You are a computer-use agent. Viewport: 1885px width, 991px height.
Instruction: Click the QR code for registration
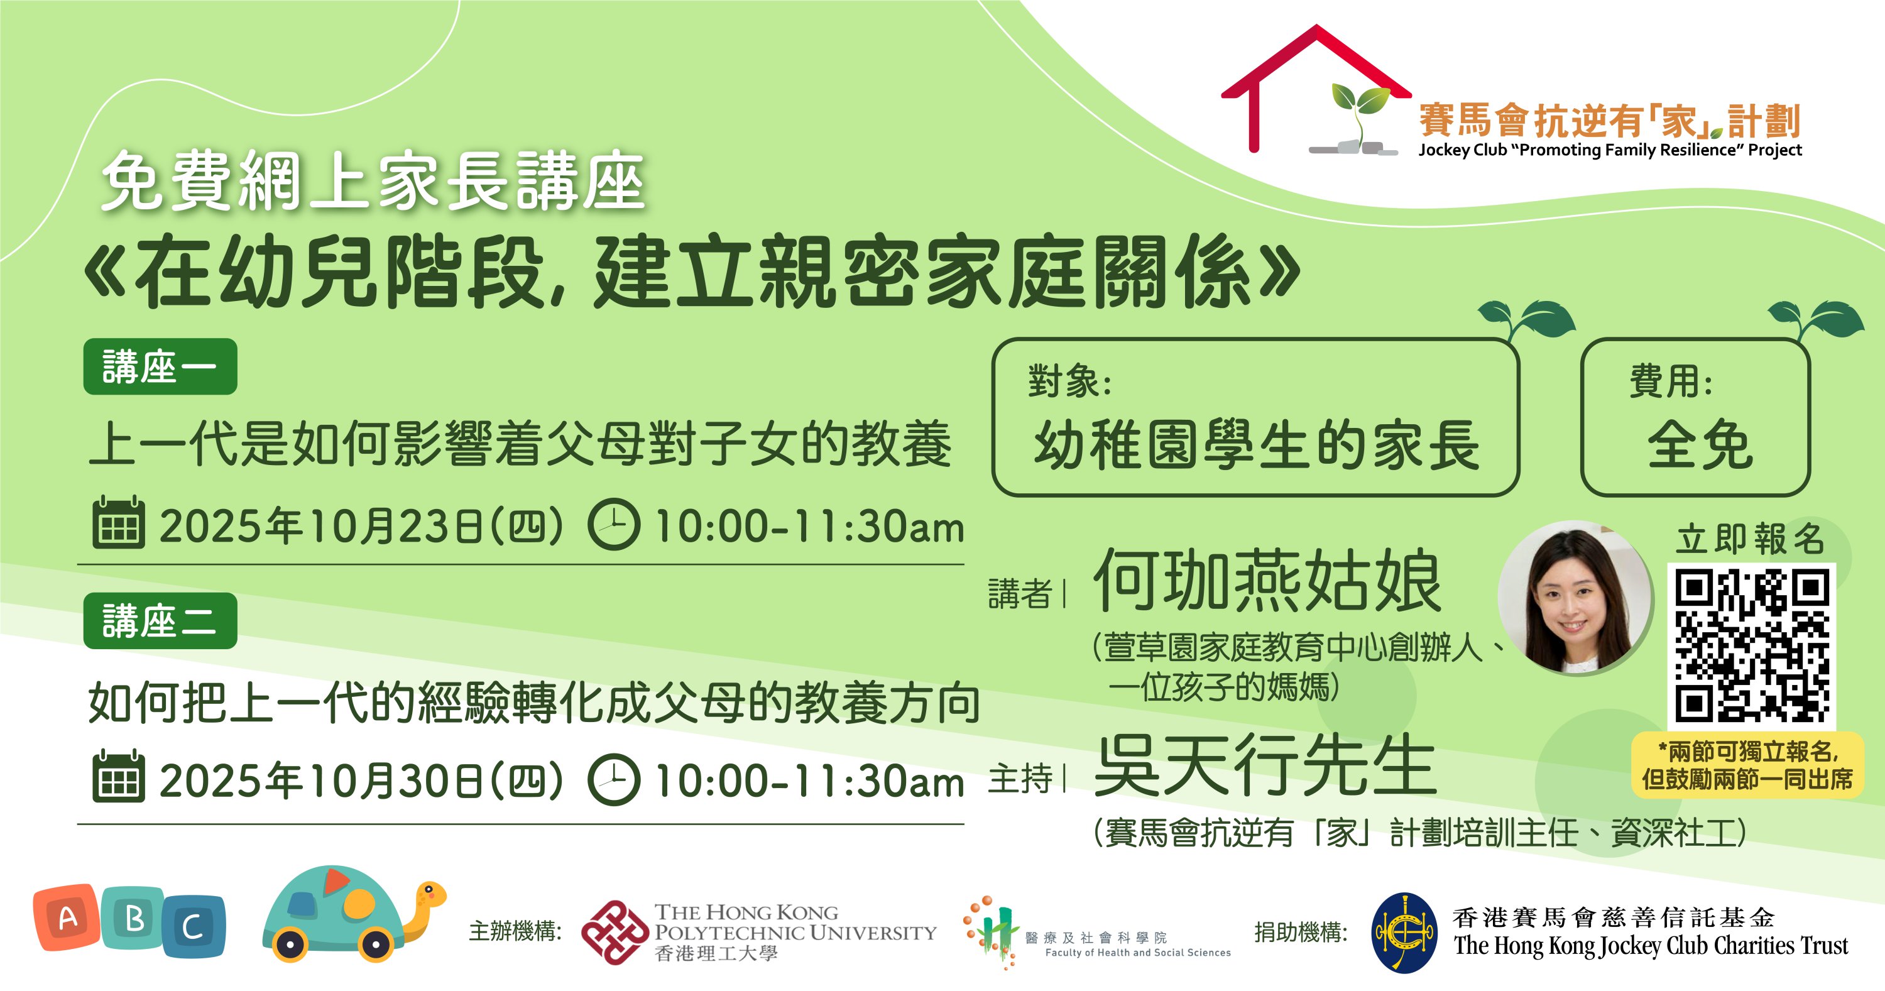(1751, 646)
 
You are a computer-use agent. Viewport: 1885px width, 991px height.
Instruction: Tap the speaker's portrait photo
(1575, 597)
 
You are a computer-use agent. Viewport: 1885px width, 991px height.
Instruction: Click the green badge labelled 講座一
(160, 367)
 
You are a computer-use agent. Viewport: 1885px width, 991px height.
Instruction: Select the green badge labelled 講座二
(160, 621)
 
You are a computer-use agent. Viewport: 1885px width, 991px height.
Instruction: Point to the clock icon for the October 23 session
(614, 524)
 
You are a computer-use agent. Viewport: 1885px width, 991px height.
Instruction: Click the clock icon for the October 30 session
(614, 779)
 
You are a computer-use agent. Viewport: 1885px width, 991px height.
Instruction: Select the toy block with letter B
(133, 918)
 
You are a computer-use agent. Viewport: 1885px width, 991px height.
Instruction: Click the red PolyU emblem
(615, 933)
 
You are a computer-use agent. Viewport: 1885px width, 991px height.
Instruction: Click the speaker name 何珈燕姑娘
(1267, 581)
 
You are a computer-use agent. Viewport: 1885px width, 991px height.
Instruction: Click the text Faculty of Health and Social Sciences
(1138, 952)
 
